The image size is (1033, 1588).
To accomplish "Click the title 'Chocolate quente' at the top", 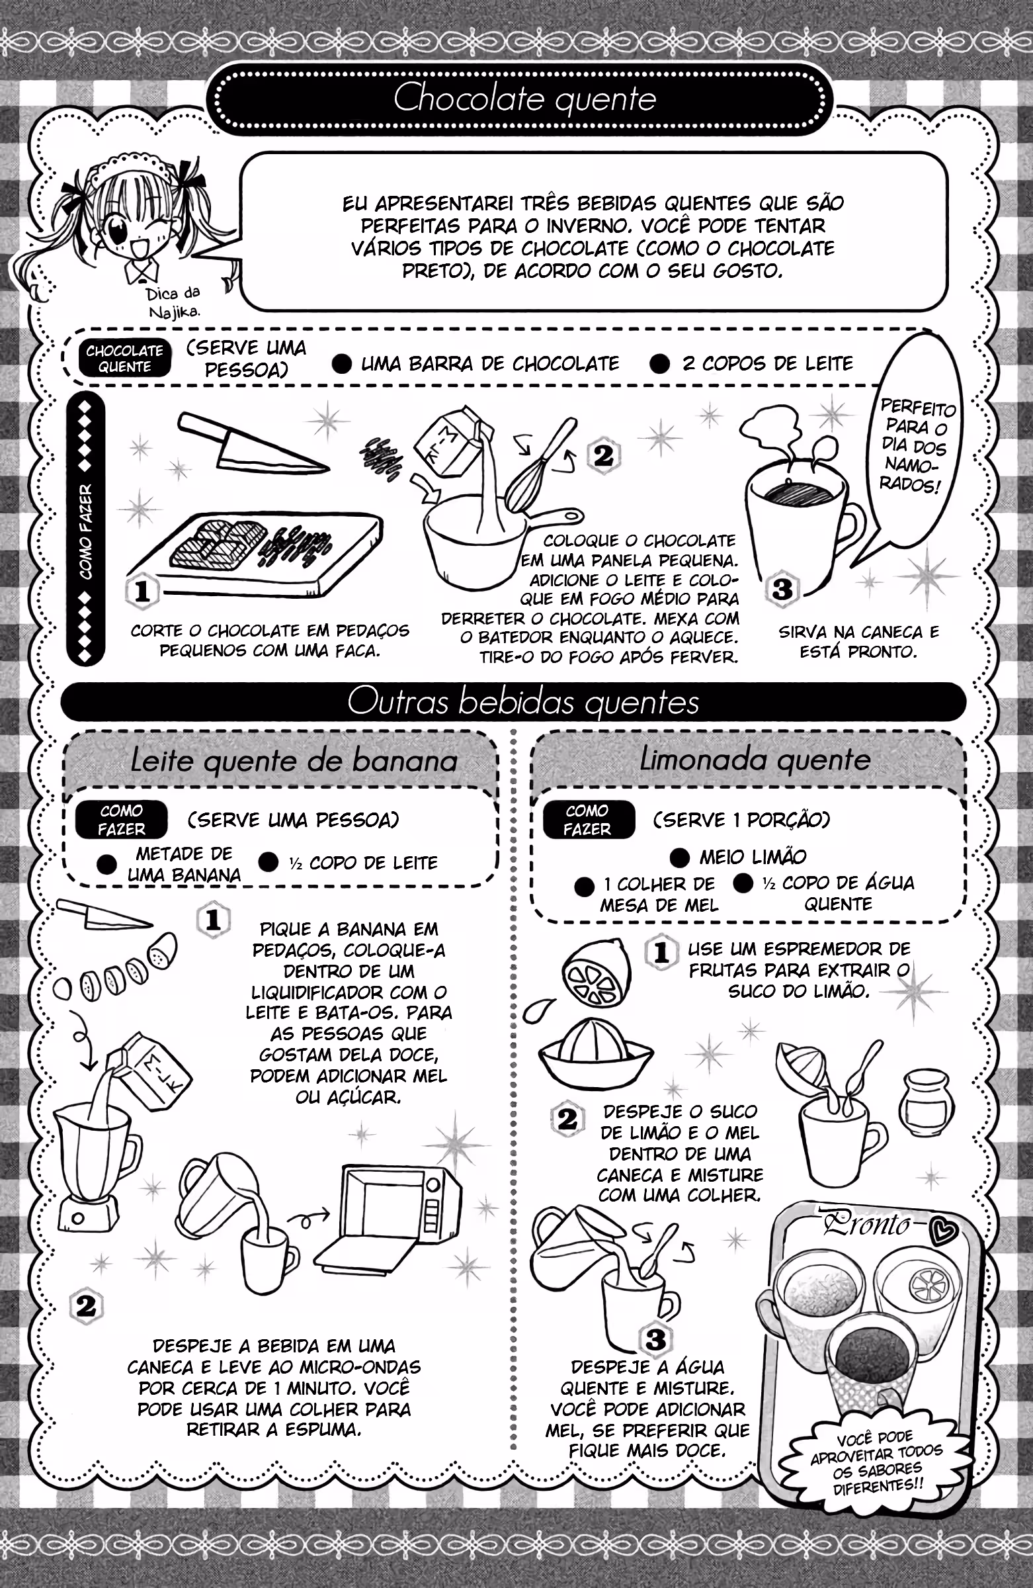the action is click(525, 99).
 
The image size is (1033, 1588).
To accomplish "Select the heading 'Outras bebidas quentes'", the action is click(524, 702).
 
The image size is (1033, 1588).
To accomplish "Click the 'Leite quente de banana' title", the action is click(294, 761).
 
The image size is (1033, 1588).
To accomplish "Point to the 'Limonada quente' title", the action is click(755, 760).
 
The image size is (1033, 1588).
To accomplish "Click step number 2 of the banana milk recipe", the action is click(86, 1306).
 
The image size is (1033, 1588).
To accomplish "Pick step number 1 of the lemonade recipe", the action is click(661, 951).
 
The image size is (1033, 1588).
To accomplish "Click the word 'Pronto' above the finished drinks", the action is click(867, 1223).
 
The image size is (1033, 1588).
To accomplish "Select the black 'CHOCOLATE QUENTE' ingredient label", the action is click(125, 359).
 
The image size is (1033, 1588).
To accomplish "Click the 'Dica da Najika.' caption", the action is click(173, 302).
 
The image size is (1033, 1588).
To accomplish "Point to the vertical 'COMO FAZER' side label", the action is click(86, 532).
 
